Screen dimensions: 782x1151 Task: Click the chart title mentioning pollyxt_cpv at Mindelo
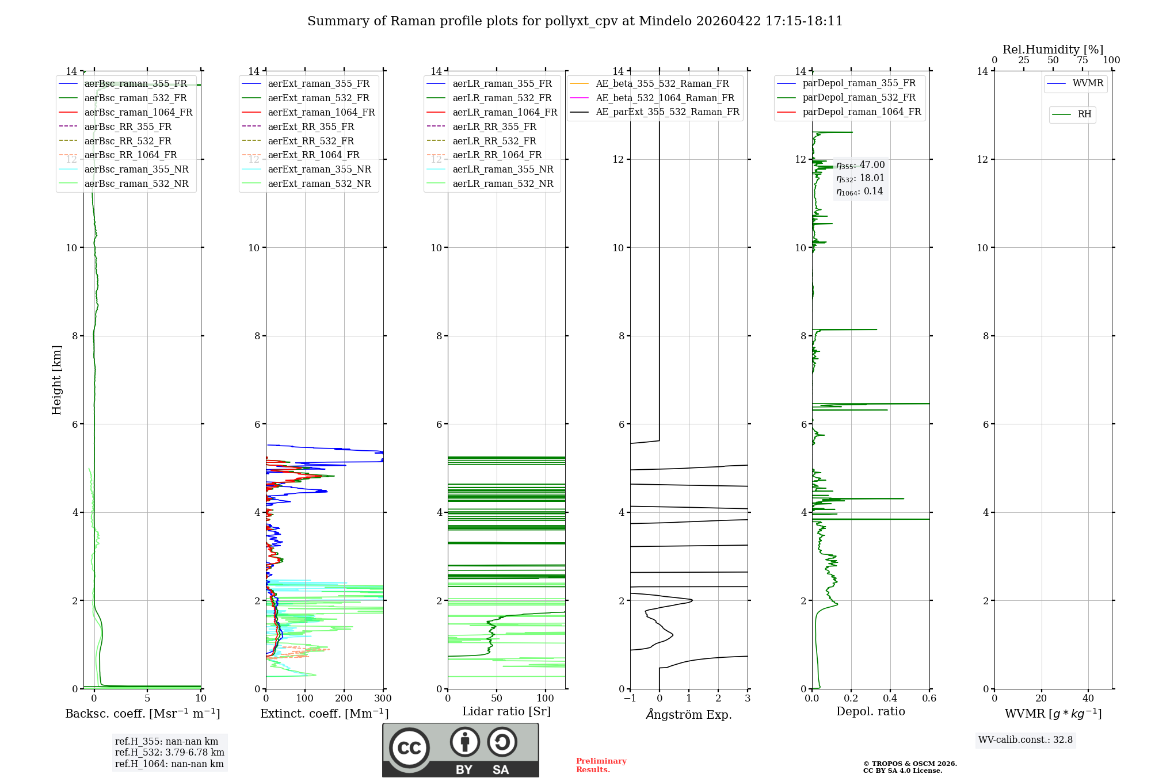[575, 21]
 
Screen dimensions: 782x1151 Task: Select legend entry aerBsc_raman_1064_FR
[138, 112]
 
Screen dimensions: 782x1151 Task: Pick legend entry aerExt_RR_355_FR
[311, 126]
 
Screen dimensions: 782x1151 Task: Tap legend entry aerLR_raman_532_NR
[502, 183]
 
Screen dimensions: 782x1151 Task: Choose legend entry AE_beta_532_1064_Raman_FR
[665, 98]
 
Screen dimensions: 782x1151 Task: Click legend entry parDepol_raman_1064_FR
[862, 112]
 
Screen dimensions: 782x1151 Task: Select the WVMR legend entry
[1088, 83]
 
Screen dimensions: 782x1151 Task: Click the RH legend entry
[1084, 114]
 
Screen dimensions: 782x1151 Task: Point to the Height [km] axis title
[56, 380]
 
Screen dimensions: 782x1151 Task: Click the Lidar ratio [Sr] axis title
[506, 711]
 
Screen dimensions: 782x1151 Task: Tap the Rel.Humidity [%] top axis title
[1053, 49]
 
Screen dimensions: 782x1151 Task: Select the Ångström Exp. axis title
[689, 714]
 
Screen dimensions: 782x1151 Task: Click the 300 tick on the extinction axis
[383, 699]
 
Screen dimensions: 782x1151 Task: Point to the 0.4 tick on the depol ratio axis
[890, 699]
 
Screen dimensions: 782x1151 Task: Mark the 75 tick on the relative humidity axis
[1082, 60]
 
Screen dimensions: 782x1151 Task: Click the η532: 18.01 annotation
[860, 178]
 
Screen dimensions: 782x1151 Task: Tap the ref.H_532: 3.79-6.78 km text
[170, 753]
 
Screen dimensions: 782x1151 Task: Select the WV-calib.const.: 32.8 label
[1026, 740]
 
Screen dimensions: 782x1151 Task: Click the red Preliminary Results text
[601, 765]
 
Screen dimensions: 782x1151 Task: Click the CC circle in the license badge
[409, 748]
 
